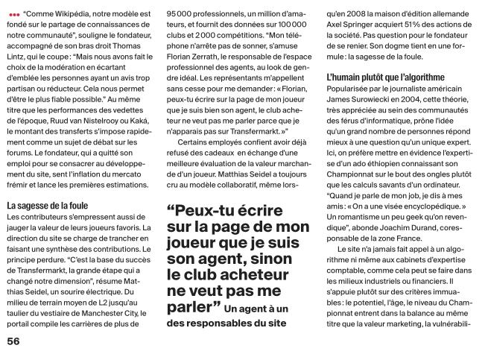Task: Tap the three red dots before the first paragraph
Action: (x=14, y=15)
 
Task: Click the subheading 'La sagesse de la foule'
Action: (x=47, y=204)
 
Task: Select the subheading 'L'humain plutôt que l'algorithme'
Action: (x=386, y=77)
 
